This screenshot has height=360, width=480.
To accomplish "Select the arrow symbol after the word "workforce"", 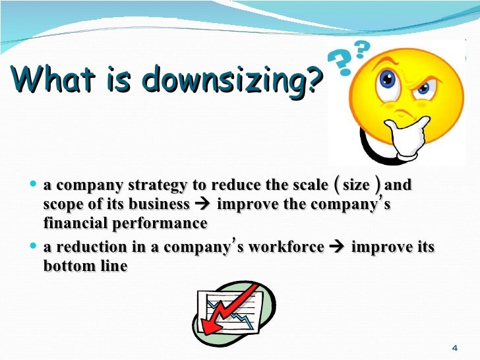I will pyautogui.click(x=336, y=248).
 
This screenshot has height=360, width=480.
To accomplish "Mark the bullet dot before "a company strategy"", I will pyautogui.click(x=34, y=186).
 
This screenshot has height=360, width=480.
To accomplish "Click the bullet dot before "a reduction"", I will pyautogui.click(x=34, y=248).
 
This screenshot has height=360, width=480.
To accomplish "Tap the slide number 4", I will pyautogui.click(x=455, y=347).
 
